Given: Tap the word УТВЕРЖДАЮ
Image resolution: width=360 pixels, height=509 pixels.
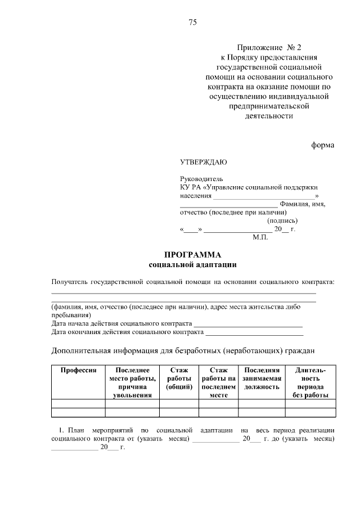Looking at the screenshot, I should [203, 163].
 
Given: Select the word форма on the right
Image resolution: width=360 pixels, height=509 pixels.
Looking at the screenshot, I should [323, 145].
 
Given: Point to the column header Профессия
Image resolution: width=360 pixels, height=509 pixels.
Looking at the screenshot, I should [78, 370].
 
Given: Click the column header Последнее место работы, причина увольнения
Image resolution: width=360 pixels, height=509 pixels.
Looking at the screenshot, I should [132, 382].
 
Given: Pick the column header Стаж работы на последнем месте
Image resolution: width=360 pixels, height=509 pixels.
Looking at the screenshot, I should [218, 382].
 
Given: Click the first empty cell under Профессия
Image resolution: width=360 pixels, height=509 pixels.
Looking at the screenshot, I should [78, 403].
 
